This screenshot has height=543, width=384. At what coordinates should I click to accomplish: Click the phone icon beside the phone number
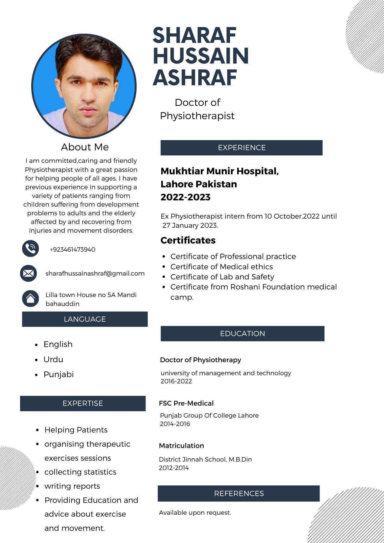click(x=30, y=248)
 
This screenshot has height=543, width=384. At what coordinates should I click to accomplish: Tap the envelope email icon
click(x=29, y=273)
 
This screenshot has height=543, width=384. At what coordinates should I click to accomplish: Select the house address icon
click(x=30, y=298)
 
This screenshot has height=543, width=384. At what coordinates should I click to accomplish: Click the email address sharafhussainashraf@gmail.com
click(x=95, y=273)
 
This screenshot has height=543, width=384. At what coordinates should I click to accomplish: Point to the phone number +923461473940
click(x=73, y=250)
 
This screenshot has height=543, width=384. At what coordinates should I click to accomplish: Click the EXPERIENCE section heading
click(x=241, y=148)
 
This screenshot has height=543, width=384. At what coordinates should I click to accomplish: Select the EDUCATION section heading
click(x=242, y=333)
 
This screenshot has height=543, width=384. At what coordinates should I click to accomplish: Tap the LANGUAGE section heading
click(x=85, y=319)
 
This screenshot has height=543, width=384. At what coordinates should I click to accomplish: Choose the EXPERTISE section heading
click(x=83, y=403)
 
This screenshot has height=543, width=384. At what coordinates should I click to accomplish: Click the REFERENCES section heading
click(x=239, y=493)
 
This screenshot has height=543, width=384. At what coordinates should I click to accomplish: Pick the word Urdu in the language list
click(x=53, y=359)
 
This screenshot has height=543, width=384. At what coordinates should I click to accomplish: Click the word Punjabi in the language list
click(x=59, y=374)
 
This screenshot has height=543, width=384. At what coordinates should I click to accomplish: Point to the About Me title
click(x=85, y=147)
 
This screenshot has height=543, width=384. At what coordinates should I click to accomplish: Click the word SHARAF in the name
click(x=194, y=35)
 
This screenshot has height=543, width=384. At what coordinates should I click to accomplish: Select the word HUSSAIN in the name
click(x=201, y=56)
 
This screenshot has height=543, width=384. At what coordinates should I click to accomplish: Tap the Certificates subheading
click(x=188, y=240)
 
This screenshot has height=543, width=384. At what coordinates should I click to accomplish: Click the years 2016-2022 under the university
click(x=176, y=381)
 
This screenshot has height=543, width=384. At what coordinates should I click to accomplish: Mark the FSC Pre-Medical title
click(x=186, y=403)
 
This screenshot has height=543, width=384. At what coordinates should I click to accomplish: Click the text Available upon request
click(x=195, y=513)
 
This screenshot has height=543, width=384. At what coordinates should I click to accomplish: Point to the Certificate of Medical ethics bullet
click(x=222, y=267)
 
